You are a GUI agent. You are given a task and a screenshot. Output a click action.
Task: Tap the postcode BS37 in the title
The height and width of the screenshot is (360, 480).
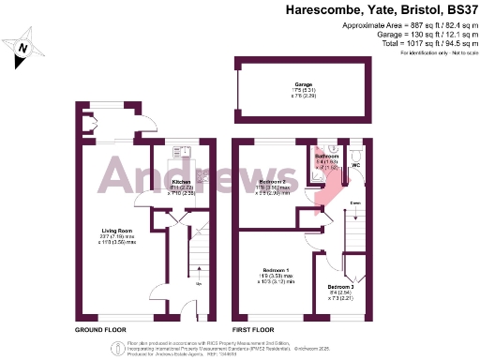click(x=459, y=10)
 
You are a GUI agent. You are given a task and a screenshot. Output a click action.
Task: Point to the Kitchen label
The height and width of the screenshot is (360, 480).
click(x=181, y=181)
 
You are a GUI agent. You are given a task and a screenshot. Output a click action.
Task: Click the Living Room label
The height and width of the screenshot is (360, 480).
click(x=115, y=230)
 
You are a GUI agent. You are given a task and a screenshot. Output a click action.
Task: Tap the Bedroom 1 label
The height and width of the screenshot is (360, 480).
click(x=277, y=270)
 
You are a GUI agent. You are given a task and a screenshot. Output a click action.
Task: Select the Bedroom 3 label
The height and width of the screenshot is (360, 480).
click(x=340, y=287)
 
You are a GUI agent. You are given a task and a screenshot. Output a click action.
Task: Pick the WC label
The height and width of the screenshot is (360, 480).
click(x=355, y=165)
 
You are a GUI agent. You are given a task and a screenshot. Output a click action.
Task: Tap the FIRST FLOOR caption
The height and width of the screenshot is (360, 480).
click(x=255, y=330)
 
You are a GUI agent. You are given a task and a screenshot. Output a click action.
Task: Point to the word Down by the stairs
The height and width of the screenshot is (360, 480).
click(x=356, y=202)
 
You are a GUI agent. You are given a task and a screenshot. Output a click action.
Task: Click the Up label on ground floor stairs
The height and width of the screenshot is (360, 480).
click(x=198, y=280)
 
